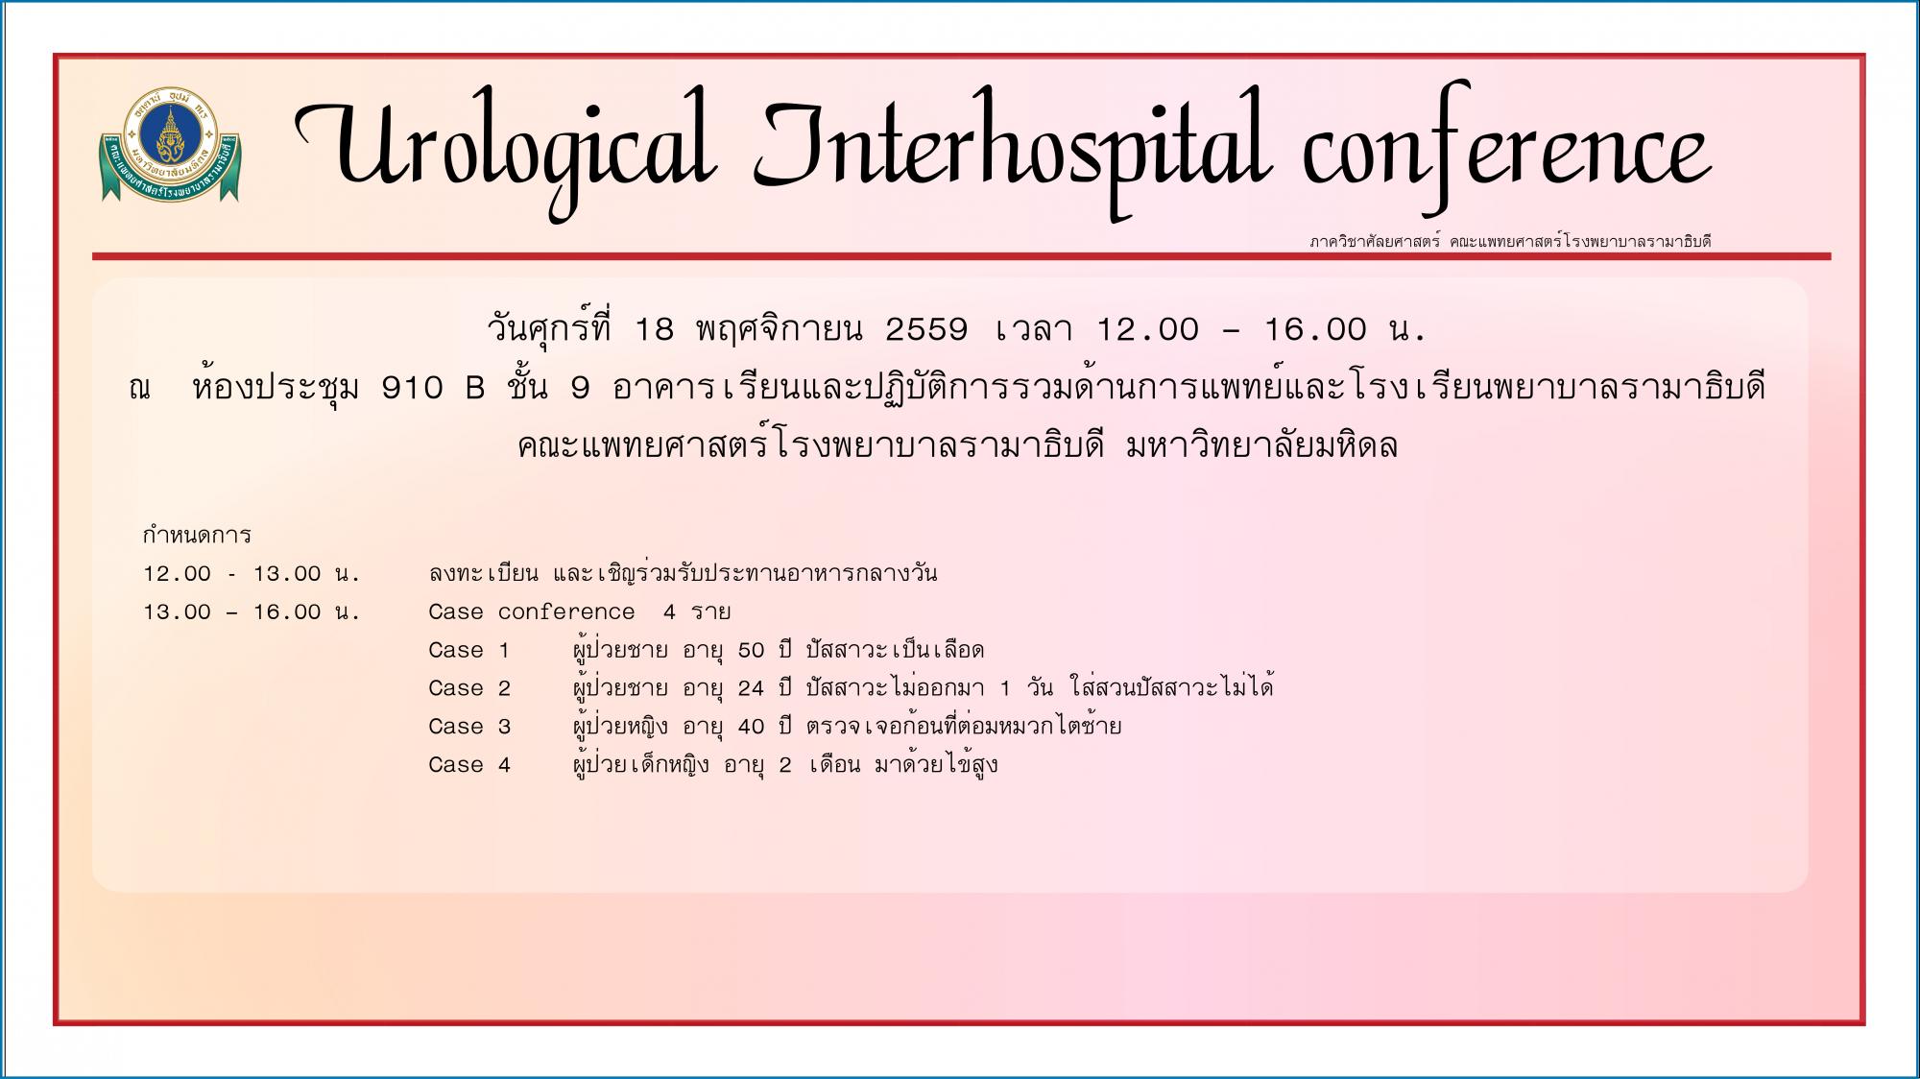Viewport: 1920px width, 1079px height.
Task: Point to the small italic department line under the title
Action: tap(1510, 241)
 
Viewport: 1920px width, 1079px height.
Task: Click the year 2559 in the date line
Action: tap(926, 330)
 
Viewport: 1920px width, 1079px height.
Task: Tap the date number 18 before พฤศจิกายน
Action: tap(655, 330)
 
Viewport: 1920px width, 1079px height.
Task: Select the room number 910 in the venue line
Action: tap(413, 389)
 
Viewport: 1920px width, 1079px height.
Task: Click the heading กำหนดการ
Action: tap(197, 535)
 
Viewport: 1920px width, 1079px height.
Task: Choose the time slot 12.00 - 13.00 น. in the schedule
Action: tap(252, 574)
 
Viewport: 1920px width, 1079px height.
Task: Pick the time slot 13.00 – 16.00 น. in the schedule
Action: tap(252, 612)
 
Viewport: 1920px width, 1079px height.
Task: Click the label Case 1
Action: tap(469, 651)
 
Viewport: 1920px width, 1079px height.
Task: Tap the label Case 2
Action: tap(469, 689)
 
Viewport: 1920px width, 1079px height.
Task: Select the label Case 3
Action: tap(469, 727)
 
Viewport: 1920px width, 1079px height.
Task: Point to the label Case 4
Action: tap(469, 765)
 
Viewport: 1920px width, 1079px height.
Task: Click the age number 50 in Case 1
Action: tap(752, 651)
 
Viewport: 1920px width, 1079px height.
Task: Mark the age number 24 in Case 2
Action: tap(752, 689)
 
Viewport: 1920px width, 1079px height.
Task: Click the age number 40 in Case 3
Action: tap(752, 727)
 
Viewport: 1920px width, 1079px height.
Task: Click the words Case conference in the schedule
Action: tap(532, 612)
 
